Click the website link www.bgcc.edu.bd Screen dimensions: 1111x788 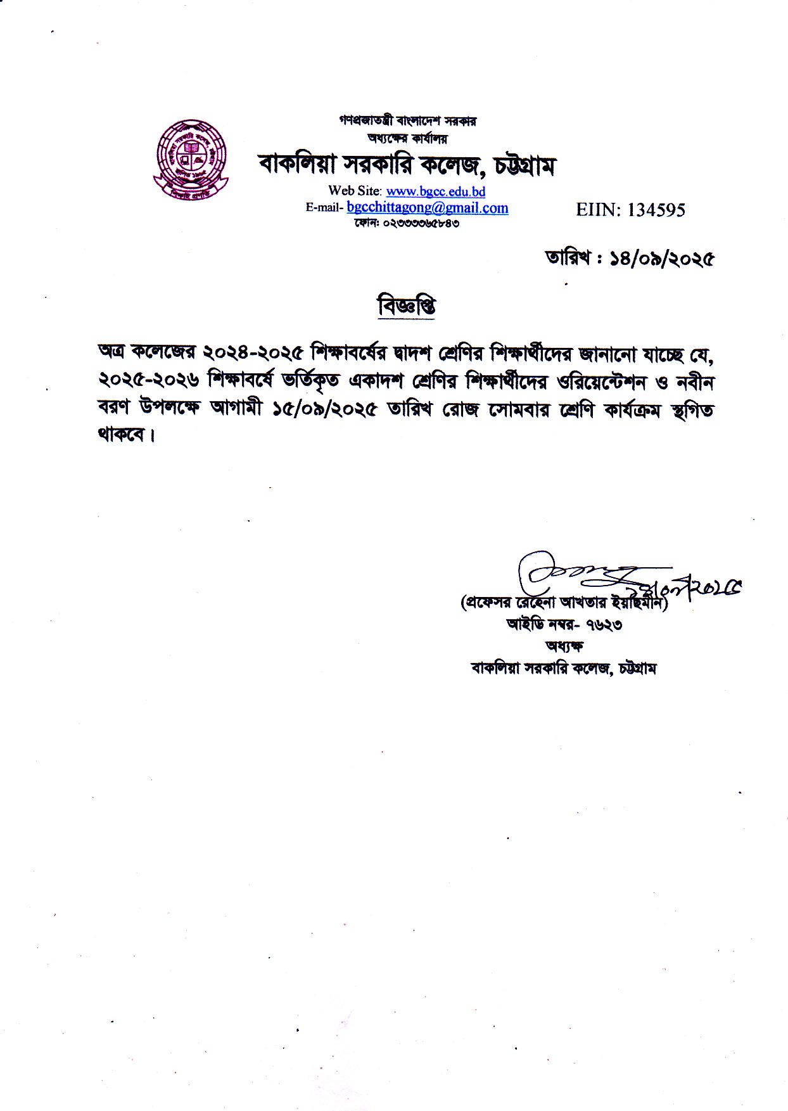pos(436,191)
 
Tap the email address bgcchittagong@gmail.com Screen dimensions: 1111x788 pos(428,207)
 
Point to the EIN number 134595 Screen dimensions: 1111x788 pos(656,210)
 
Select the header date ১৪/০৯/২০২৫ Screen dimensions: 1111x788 pos(662,259)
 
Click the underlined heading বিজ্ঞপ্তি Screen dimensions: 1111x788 pos(407,306)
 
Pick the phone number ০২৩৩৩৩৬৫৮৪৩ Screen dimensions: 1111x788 pos(421,223)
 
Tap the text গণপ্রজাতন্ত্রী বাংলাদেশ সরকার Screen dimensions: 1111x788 pos(407,120)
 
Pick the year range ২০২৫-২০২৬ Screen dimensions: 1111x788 pos(149,380)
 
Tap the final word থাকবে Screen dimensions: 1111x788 pos(122,435)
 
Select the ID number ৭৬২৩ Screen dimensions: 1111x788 pos(604,626)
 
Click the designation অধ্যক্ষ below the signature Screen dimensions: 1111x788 pos(564,646)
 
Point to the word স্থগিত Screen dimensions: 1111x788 pos(692,411)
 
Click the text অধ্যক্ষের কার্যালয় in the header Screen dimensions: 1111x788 pos(407,138)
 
